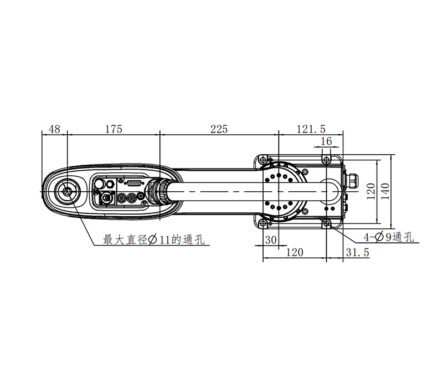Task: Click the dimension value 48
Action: (54, 129)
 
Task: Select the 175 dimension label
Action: (113, 129)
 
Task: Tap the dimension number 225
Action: (218, 129)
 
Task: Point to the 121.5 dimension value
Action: (311, 129)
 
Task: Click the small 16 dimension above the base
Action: (326, 141)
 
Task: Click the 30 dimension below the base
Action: (271, 240)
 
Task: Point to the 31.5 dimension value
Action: (357, 252)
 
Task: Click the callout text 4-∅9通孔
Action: (388, 237)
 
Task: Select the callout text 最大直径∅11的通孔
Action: (154, 240)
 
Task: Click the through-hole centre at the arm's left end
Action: (67, 191)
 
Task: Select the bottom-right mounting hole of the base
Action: (327, 223)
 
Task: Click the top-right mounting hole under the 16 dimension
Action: (327, 160)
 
